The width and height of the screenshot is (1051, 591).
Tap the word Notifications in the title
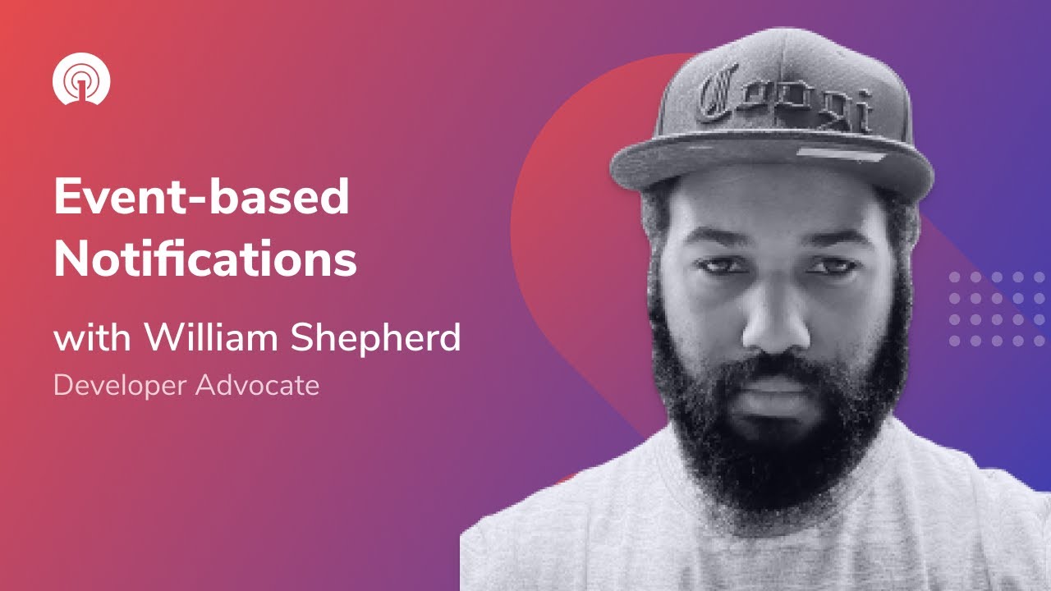(x=205, y=259)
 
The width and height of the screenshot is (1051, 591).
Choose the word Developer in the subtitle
(x=120, y=385)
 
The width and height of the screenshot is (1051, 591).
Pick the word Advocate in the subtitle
(x=257, y=385)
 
